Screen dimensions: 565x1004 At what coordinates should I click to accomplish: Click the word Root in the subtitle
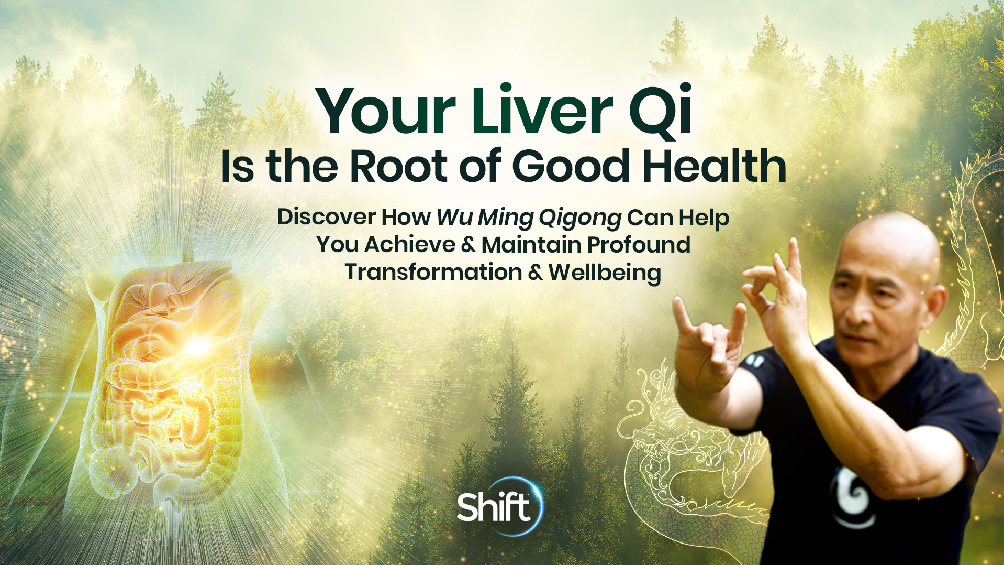[x=398, y=167]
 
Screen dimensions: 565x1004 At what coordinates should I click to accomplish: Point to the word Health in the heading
[x=715, y=167]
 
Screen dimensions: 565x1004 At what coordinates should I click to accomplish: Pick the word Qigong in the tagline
[x=580, y=218]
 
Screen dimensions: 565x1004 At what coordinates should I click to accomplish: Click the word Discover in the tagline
[x=326, y=217]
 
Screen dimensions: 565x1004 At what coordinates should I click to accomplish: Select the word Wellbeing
[x=605, y=273]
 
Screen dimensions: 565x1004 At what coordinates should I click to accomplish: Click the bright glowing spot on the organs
[x=197, y=346]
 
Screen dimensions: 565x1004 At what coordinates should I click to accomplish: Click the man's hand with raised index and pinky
[x=707, y=346]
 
